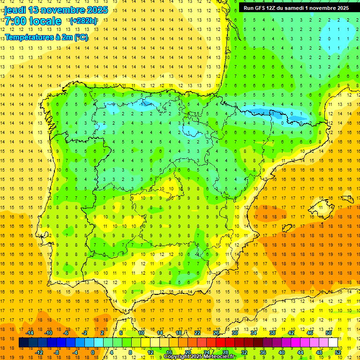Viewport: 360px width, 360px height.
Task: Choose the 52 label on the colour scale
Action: pos(338,352)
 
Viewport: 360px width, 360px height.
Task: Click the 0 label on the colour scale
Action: pos(92,352)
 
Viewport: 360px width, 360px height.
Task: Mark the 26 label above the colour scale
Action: pos(216,333)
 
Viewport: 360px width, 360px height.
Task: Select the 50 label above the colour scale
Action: pos(329,333)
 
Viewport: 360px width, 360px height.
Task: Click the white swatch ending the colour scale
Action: pos(333,343)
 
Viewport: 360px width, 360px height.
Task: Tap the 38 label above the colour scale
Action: pos(272,333)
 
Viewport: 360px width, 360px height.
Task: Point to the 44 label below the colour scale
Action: pos(300,352)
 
